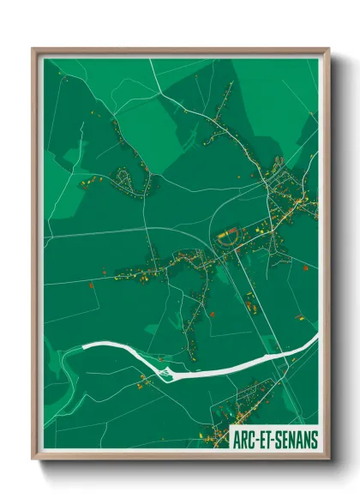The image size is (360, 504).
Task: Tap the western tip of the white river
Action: point(83,346)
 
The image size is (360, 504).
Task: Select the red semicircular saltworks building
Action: point(226,236)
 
